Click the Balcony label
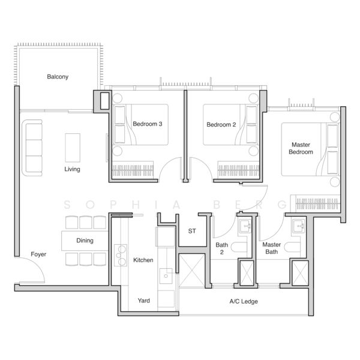(x=58, y=77)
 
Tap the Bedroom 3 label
(x=148, y=124)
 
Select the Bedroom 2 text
(x=221, y=125)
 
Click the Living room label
(x=72, y=169)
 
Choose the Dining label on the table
(x=84, y=241)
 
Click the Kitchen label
(x=143, y=260)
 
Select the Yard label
(x=144, y=301)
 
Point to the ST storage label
(x=192, y=230)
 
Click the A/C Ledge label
(x=244, y=301)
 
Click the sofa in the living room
(x=32, y=147)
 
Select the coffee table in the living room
(x=73, y=147)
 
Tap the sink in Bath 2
(x=244, y=227)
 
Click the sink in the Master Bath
(x=297, y=227)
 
